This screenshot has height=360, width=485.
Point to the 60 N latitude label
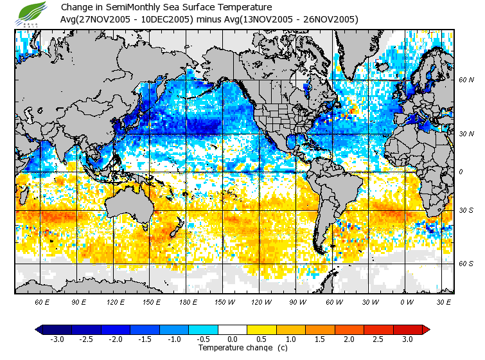[x=466, y=80]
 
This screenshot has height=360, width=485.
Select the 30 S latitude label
[x=466, y=210]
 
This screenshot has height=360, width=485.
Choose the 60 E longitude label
[x=42, y=301]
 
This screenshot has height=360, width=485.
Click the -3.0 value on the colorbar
[x=57, y=339]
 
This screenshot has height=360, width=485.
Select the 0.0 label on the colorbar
[x=232, y=339]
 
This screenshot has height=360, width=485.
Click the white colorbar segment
[x=232, y=330]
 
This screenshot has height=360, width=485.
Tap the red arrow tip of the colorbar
[x=426, y=330]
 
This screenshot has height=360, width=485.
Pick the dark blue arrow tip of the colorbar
[x=39, y=330]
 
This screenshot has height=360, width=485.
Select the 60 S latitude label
[x=466, y=264]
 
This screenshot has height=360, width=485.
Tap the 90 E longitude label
[x=79, y=301]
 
